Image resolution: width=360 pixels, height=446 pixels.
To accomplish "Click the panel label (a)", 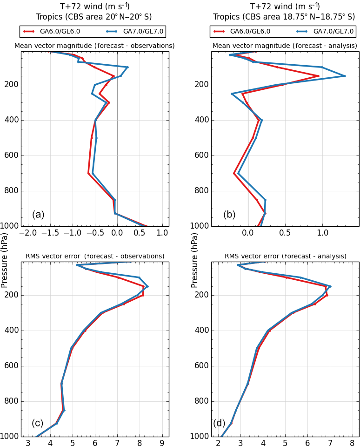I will coord(38,215).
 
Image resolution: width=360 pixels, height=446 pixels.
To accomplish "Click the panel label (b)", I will coord(229,215).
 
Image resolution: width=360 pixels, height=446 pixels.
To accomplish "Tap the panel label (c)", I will coord(38,423).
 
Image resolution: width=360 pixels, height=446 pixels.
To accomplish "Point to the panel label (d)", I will coord(219,423).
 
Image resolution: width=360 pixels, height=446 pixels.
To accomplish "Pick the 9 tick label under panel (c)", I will coord(162,443).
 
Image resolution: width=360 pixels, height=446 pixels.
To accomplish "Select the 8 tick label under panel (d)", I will coord(352,443).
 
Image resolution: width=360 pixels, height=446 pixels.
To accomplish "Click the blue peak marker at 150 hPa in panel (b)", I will coord(344,76).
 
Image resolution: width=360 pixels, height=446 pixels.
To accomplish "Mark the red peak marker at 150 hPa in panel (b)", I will coord(318,76).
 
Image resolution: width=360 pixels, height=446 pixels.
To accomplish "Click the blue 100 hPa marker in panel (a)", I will coord(127,67).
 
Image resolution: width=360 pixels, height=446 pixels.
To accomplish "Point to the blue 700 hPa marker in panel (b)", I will coord(238,173).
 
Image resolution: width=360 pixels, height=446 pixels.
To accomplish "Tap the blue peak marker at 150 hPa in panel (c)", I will coord(147,286).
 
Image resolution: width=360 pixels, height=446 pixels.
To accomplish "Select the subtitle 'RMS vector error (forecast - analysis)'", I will coord(285,256).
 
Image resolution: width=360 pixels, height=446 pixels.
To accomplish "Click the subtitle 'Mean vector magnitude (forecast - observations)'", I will coord(94,46).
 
